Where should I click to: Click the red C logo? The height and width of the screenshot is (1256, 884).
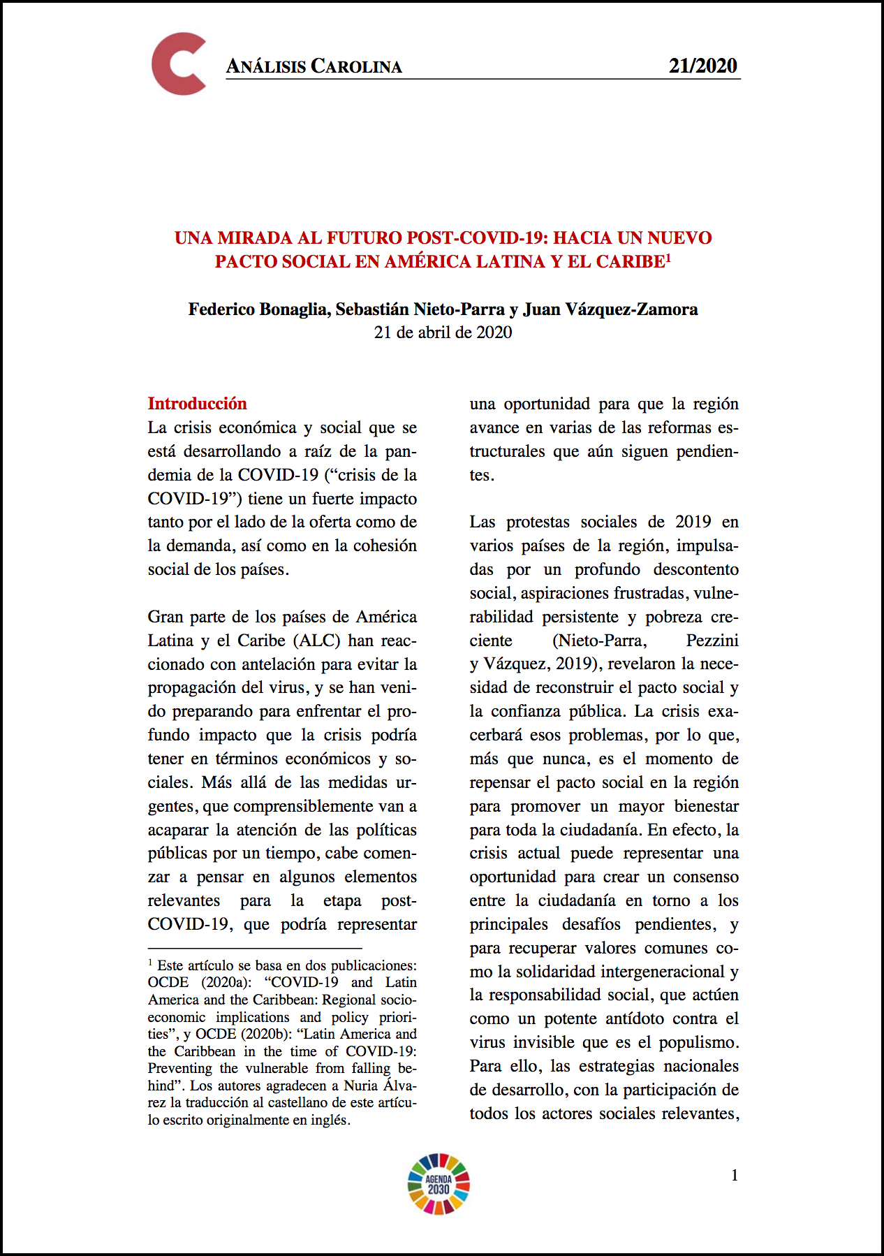tap(179, 64)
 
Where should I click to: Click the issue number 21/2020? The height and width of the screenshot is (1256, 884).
tap(702, 66)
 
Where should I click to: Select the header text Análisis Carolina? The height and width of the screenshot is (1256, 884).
tap(314, 66)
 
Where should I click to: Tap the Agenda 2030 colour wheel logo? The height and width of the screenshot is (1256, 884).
tap(439, 1183)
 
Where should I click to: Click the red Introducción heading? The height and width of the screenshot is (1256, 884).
tap(197, 404)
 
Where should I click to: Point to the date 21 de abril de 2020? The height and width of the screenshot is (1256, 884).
tap(443, 333)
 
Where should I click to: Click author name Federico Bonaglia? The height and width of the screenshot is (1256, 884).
tap(258, 309)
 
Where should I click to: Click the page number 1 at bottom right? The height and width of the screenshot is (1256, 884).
tap(735, 1176)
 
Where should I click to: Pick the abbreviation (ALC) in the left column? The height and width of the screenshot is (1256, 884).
tap(317, 641)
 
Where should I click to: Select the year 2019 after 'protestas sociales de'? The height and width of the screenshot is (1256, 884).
tap(693, 522)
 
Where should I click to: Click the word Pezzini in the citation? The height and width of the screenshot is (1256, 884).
tap(712, 641)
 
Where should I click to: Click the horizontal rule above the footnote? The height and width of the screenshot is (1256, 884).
tap(255, 949)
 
